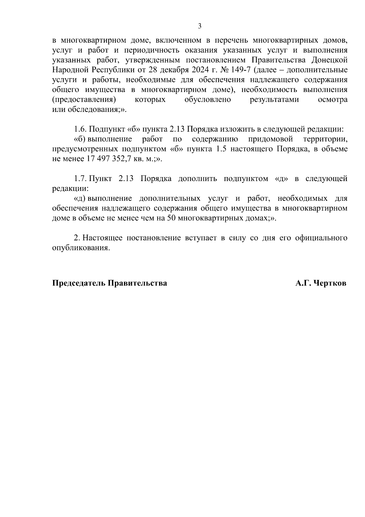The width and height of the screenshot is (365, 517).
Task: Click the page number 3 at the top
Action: click(200, 26)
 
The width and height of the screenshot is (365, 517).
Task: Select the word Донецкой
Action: click(330, 60)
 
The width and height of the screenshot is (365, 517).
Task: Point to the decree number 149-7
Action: click(241, 70)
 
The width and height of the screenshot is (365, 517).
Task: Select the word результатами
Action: click(274, 100)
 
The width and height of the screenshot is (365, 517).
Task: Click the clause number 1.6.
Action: click(81, 129)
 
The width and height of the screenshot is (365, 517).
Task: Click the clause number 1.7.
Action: click(81, 179)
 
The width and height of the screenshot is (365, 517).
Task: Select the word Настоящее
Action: click(102, 238)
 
